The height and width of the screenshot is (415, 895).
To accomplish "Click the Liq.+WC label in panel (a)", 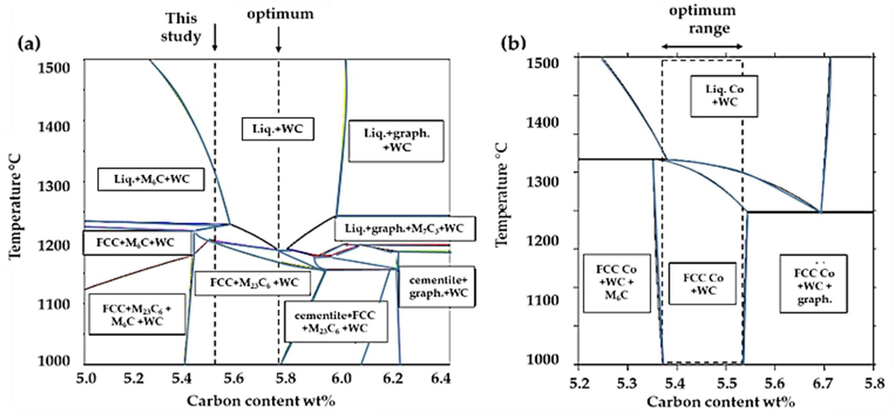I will tap(278, 129).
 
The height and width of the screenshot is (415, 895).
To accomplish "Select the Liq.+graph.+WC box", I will tap(396, 141).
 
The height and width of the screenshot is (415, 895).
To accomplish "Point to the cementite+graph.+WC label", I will tap(437, 287).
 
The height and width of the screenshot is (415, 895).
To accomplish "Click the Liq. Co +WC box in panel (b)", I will tap(724, 96).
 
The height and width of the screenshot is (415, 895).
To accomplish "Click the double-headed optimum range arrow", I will tap(702, 47).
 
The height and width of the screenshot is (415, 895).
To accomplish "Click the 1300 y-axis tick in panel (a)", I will tap(54, 186).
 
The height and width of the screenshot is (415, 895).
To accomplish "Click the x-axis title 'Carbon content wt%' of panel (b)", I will tap(721, 402).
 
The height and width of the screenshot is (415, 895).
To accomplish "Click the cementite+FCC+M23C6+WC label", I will tap(336, 322).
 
